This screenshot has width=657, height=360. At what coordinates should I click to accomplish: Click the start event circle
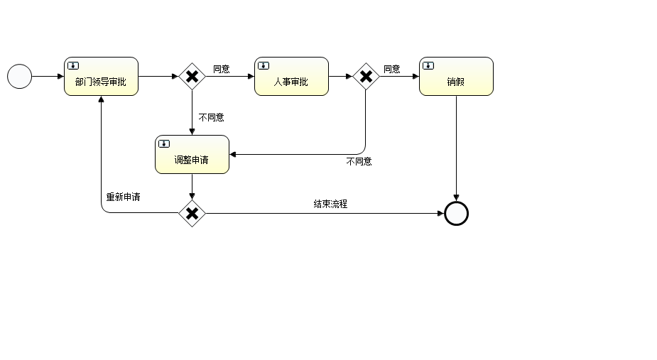tap(20, 76)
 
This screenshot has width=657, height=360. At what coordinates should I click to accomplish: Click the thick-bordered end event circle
tap(456, 213)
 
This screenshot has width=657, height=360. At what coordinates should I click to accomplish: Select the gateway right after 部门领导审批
tap(192, 77)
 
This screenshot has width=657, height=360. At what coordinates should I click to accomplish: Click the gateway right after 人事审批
tap(366, 77)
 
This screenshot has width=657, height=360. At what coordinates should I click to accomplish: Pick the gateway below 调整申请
tap(192, 213)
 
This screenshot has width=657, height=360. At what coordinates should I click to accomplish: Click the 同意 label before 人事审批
tap(222, 69)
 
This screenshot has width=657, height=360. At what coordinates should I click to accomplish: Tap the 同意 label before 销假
tap(392, 69)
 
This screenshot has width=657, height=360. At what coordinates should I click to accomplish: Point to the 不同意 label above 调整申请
tap(212, 117)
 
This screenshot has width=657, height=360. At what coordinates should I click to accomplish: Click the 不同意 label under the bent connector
tap(359, 161)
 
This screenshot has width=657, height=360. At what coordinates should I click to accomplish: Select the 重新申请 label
tap(123, 197)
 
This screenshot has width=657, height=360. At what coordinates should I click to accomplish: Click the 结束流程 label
tap(331, 204)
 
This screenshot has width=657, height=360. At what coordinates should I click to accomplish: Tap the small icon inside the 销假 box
tap(428, 65)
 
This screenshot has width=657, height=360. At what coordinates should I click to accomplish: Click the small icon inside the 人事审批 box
tap(264, 65)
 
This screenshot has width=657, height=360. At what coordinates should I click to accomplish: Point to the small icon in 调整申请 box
tap(164, 143)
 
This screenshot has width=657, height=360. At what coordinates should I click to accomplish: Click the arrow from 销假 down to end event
tap(456, 149)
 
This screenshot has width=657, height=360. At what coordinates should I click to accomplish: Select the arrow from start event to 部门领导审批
tap(48, 76)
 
